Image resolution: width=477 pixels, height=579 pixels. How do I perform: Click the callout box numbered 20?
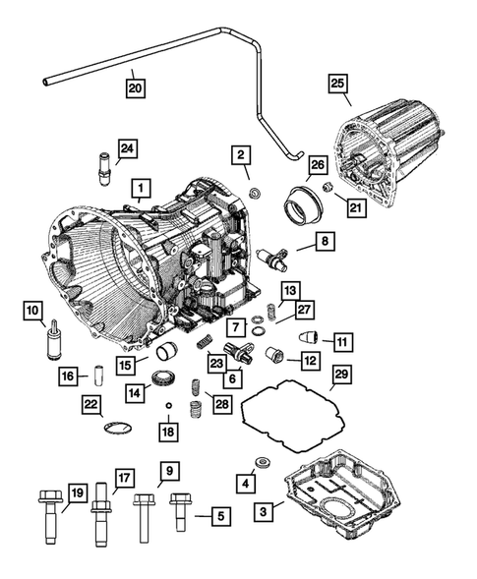136,87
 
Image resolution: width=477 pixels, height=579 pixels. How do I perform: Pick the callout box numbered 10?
34,313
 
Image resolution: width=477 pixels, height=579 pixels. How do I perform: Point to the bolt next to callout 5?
178,513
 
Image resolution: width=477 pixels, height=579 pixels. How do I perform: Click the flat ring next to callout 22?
117,426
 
